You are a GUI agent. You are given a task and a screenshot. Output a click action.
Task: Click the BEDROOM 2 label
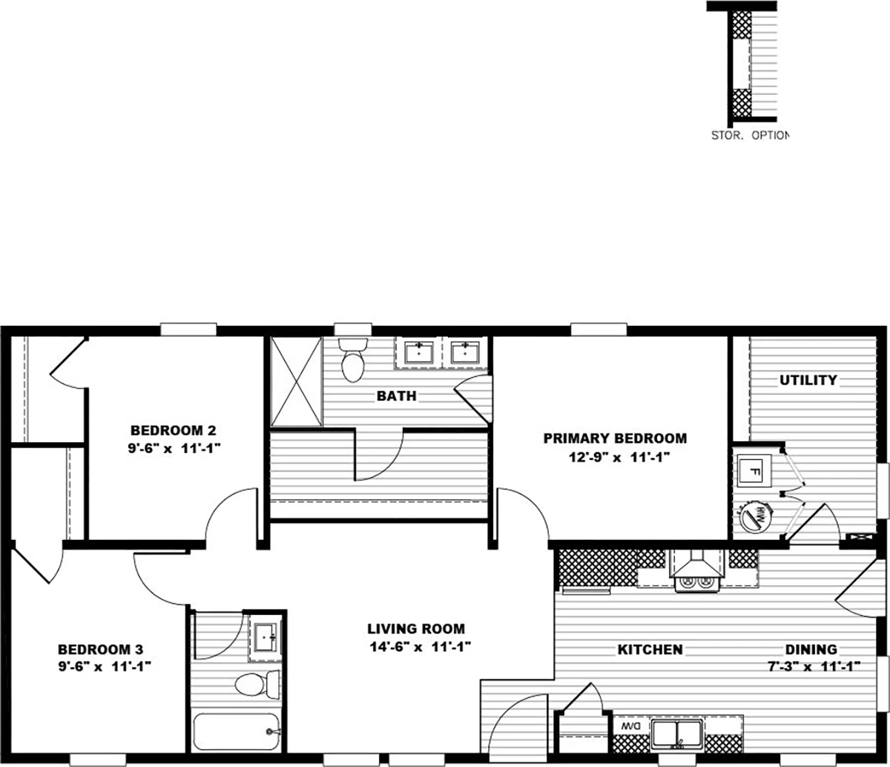coord(173,430)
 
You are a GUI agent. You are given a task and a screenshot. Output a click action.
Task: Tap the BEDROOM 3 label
coord(101,649)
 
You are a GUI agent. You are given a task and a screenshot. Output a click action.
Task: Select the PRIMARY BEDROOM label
coord(615,438)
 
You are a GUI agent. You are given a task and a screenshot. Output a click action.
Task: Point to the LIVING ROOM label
coord(416,629)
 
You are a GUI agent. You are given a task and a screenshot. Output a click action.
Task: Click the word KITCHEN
coord(650,650)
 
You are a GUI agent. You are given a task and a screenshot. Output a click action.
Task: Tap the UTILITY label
coord(808,380)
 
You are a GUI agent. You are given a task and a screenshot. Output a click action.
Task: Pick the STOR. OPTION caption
coord(750,135)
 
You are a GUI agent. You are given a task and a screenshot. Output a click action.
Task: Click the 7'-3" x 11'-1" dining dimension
coord(814,667)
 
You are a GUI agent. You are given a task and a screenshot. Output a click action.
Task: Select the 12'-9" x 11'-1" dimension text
coord(619,457)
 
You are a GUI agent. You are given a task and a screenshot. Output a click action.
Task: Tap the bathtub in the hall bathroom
coord(237,731)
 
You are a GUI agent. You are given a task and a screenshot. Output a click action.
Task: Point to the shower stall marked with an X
coord(296,382)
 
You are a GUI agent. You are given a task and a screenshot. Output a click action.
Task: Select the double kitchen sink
coord(677,734)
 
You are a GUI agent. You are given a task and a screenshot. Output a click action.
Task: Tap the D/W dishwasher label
coord(631,726)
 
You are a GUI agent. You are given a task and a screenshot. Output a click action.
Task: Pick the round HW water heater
coord(756,517)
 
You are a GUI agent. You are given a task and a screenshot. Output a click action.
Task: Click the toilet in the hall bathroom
coord(257,685)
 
